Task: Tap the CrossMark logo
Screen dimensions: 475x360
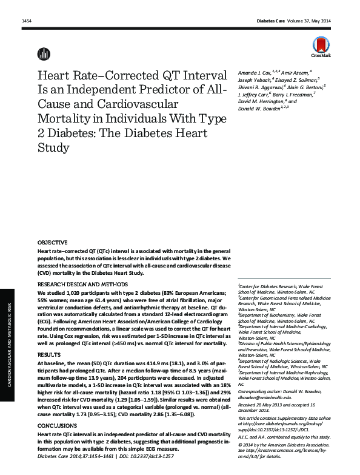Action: [322, 46]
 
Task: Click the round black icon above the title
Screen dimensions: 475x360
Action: [43, 53]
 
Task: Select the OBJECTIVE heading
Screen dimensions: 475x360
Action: [52, 241]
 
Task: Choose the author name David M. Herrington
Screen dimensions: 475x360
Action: [260, 101]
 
